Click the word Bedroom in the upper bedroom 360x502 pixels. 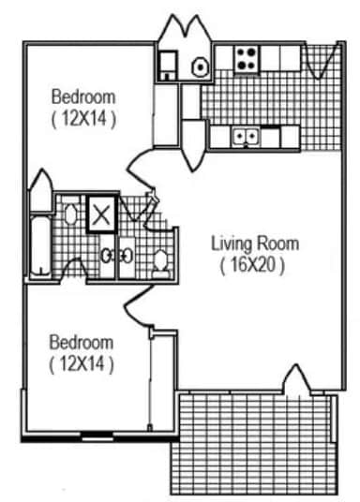pyautogui.click(x=82, y=96)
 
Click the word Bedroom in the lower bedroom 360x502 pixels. pyautogui.click(x=82, y=342)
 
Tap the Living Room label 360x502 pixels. pyautogui.click(x=254, y=244)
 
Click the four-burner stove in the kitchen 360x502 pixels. pyautogui.click(x=246, y=59)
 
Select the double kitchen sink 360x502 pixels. pyautogui.click(x=247, y=137)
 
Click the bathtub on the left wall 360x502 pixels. pyautogui.click(x=40, y=244)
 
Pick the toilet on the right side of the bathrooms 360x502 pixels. pyautogui.click(x=161, y=261)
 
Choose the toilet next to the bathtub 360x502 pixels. pyautogui.click(x=69, y=214)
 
